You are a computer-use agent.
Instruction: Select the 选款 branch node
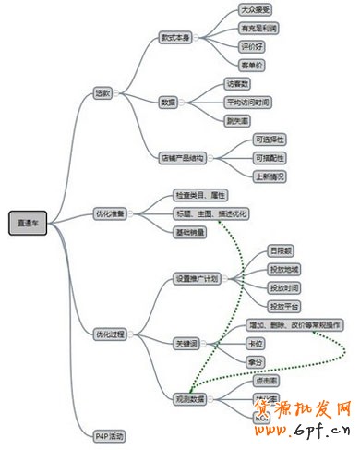click(x=102, y=92)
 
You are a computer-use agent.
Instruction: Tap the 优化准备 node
click(x=110, y=213)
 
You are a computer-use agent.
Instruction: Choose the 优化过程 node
click(x=110, y=334)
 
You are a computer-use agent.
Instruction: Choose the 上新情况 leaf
click(x=270, y=176)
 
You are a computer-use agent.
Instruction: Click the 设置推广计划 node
click(x=198, y=278)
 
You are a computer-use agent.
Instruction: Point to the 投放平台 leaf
click(x=283, y=306)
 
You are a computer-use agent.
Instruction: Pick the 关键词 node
click(x=187, y=343)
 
